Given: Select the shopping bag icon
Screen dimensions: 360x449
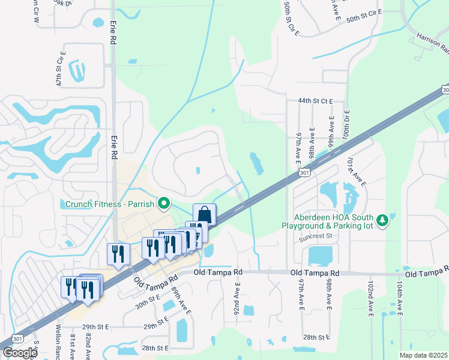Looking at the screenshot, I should (204, 214).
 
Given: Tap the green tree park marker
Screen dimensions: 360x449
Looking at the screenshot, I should (382, 221).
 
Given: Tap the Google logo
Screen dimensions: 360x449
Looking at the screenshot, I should (19, 353).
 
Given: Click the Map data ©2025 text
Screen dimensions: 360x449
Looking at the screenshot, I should (423, 355).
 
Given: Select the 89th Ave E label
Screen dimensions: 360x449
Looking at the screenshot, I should (181, 301).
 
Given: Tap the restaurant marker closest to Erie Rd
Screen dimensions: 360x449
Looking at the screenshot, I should (118, 254).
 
